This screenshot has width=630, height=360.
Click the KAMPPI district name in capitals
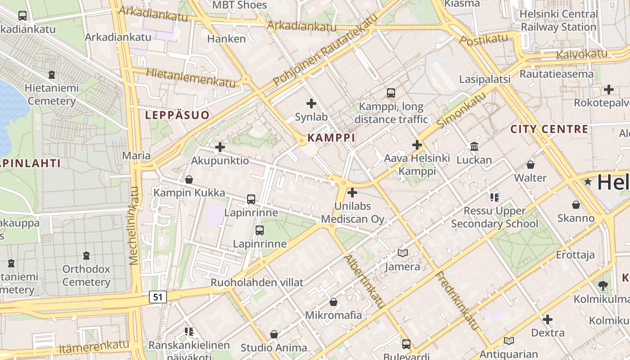(331, 138)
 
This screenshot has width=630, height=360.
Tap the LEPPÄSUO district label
(177, 115)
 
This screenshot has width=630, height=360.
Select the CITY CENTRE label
(549, 130)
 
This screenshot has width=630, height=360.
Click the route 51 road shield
(157, 297)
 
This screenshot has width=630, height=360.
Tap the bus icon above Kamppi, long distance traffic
(391, 93)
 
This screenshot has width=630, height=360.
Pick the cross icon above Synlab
(311, 103)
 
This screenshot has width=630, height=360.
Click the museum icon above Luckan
(474, 146)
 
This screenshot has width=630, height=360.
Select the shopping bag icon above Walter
(531, 165)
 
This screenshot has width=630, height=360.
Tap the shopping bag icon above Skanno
(576, 205)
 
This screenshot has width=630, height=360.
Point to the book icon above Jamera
(403, 253)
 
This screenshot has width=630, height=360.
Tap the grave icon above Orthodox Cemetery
(86, 256)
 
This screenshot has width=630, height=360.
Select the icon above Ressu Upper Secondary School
(495, 197)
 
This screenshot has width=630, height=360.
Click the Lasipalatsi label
(485, 80)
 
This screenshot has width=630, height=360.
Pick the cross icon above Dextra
(548, 320)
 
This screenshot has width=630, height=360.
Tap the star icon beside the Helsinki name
(588, 182)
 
